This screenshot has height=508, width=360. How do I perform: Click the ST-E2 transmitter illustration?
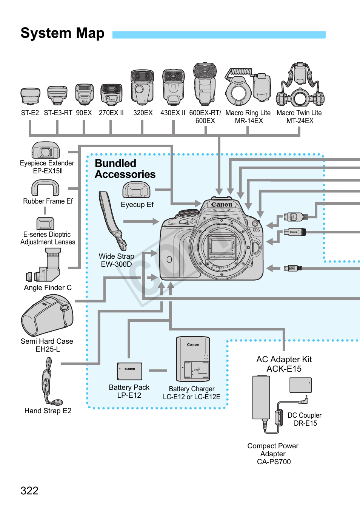tap(30, 96)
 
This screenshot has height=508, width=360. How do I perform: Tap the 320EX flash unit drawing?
tap(142, 87)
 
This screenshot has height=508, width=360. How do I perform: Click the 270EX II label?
tap(111, 113)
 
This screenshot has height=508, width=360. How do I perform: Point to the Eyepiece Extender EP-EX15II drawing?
tap(46, 150)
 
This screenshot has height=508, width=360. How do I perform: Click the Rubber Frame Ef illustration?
tap(45, 188)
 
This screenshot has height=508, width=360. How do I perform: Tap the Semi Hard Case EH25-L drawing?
tap(48, 315)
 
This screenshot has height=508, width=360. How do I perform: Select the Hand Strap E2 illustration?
tap(48, 381)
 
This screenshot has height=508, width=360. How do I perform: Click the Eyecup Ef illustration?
tap(136, 190)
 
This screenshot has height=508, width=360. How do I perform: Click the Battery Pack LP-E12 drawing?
tap(129, 371)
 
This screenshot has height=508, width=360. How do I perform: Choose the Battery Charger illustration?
tap(193, 359)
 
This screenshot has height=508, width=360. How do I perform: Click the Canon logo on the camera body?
tap(222, 205)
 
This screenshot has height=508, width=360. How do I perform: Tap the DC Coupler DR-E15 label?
tap(305, 419)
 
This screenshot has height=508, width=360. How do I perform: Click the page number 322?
tap(29, 491)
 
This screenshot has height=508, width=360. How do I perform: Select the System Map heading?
tap(62, 33)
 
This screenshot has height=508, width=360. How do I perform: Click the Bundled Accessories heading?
tap(125, 169)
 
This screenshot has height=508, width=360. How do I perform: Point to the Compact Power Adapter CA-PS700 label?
tap(273, 454)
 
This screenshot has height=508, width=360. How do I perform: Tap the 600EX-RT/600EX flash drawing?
tap(205, 84)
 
